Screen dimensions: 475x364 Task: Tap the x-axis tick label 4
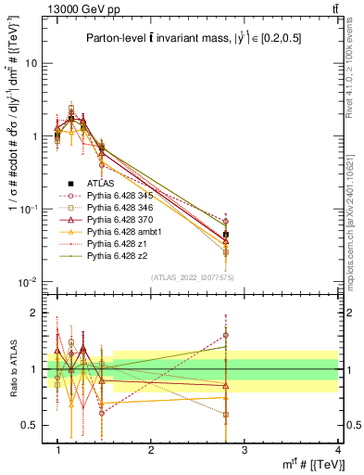click(x=337, y=451)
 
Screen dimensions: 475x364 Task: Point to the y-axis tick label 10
click(x=31, y=64)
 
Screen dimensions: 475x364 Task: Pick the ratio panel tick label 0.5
click(x=28, y=425)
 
